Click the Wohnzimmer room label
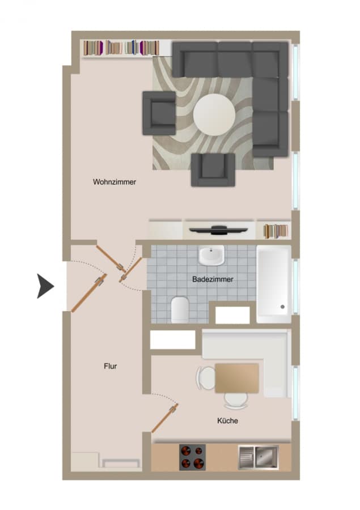115,182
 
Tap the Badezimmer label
213,279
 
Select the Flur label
111,366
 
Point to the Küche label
227,420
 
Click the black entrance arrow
45,286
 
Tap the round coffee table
214,115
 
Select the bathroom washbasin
211,255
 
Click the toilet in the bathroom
180,309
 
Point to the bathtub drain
282,307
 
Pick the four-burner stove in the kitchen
192,457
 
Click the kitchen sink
259,457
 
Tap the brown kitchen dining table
237,379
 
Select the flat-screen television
218,230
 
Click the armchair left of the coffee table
159,113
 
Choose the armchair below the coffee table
213,169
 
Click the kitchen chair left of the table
205,377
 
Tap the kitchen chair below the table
236,401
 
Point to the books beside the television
276,231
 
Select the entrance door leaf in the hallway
89,293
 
